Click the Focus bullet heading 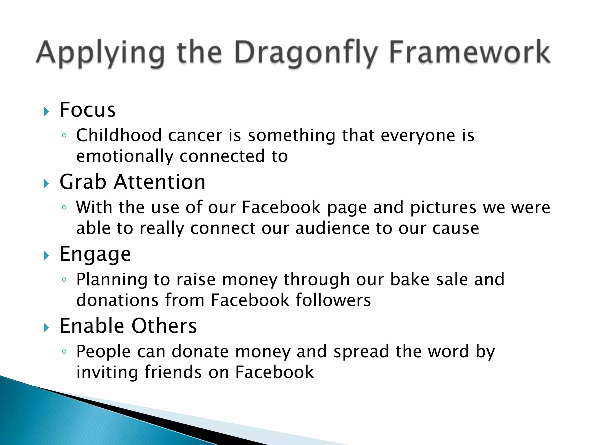pyautogui.click(x=88, y=110)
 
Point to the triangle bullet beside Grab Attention pyautogui.click(x=46, y=184)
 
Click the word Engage pyautogui.click(x=95, y=254)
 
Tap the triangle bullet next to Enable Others pyautogui.click(x=46, y=328)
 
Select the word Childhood pyautogui.click(x=119, y=135)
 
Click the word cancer pyautogui.click(x=195, y=135)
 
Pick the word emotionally pyautogui.click(x=125, y=156)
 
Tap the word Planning pyautogui.click(x=112, y=280)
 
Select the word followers pyautogui.click(x=333, y=300)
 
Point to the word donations pyautogui.click(x=117, y=300)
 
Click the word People pyautogui.click(x=103, y=351)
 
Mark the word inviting pyautogui.click(x=107, y=372)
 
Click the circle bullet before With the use pyautogui.click(x=64, y=207)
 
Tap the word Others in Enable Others pyautogui.click(x=164, y=326)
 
